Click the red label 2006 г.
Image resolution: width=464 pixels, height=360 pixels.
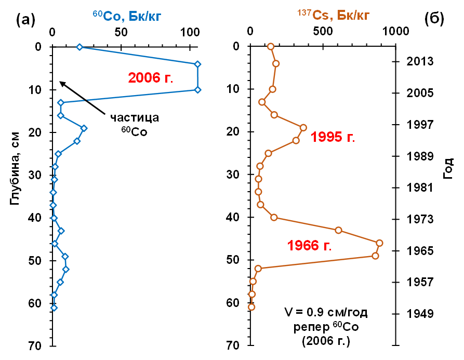coord(150,78)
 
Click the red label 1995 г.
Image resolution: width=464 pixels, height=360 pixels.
coord(333,137)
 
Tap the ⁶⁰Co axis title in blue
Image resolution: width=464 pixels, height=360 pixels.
coord(123,16)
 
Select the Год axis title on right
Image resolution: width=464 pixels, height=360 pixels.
coord(448,169)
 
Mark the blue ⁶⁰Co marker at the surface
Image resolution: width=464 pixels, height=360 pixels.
coord(79,47)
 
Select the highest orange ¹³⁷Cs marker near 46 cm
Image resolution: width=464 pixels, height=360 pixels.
coord(379,243)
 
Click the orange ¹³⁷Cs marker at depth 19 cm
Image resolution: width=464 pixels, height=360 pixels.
coord(303,127)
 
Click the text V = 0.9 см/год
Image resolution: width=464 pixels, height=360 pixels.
coord(326,313)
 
